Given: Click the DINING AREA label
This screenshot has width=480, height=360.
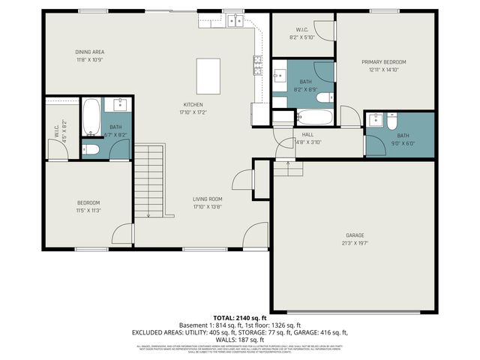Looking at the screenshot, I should click(x=88, y=52).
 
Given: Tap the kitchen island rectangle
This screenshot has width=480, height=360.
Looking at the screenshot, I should click(x=208, y=75).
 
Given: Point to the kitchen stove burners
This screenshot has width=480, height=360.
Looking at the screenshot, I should click(x=258, y=66).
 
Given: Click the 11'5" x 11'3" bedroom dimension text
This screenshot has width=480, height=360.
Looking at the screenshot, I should click(x=88, y=211).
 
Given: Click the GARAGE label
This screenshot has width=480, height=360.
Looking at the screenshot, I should click(x=355, y=235).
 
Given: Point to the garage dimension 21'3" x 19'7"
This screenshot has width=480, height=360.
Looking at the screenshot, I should click(x=355, y=243).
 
